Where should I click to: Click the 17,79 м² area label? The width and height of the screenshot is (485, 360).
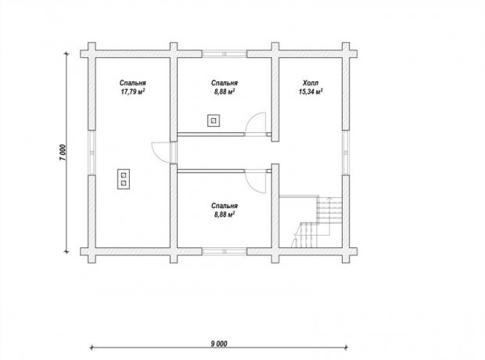(x=133, y=92)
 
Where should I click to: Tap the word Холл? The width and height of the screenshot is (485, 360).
(x=311, y=83)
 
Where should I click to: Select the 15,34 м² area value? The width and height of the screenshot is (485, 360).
(x=311, y=92)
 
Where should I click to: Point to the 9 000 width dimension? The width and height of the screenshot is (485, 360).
(x=219, y=344)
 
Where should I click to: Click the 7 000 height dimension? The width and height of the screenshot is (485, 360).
(x=63, y=153)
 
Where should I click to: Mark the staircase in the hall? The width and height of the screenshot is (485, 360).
(x=317, y=221)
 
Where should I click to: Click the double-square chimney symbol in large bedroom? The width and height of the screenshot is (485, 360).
(x=124, y=179)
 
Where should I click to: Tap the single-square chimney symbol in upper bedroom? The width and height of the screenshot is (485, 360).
(x=214, y=121)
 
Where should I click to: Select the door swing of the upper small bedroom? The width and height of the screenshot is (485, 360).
(x=256, y=124)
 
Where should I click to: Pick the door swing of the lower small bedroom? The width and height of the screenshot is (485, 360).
(x=256, y=182)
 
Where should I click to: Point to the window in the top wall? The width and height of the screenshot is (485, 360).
(x=225, y=54)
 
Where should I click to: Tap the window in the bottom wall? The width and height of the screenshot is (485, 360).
(x=225, y=251)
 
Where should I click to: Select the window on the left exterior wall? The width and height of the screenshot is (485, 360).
(x=92, y=153)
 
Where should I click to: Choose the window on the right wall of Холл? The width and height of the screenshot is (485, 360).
(x=346, y=153)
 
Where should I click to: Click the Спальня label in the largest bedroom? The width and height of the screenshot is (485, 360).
(x=133, y=83)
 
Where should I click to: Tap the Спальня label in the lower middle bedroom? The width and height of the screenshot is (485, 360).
(x=225, y=206)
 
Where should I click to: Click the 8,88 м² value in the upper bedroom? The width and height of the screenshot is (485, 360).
(x=225, y=92)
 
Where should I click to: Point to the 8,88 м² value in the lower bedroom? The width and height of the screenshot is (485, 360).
(x=225, y=214)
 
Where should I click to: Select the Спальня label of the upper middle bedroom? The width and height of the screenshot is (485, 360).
(x=225, y=83)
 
